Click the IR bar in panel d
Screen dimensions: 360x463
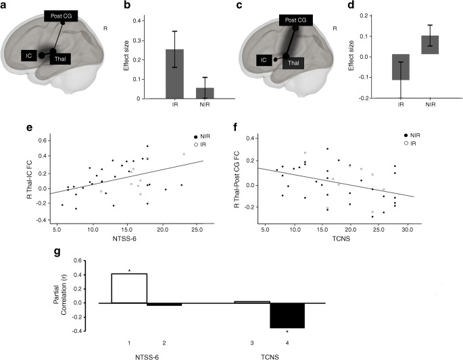pyautogui.click(x=401, y=67)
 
